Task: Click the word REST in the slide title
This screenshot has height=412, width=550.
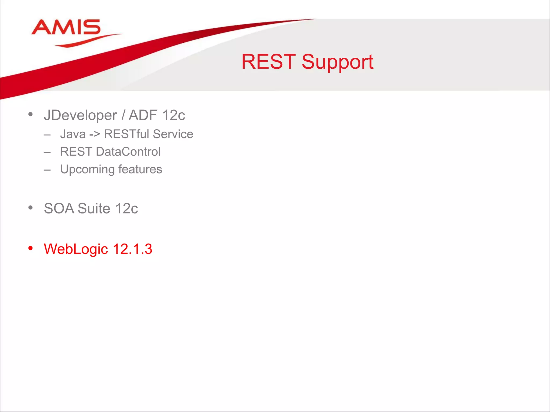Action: pos(268,62)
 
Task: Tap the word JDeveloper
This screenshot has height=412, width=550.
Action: pos(80,116)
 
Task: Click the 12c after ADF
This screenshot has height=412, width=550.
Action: pos(173,116)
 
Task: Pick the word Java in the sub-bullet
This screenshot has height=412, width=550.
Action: pos(73,134)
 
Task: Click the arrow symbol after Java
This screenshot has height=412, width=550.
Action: pos(95,134)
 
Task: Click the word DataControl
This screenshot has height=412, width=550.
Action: pos(128,152)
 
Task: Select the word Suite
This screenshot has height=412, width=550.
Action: pos(94,209)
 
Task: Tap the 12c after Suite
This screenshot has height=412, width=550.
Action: pos(126,209)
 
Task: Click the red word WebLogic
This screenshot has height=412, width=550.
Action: pos(76,249)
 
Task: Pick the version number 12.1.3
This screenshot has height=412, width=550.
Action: pos(132,249)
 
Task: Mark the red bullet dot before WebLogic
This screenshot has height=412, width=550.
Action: pos(31,248)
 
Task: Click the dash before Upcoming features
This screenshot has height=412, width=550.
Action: pos(47,170)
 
